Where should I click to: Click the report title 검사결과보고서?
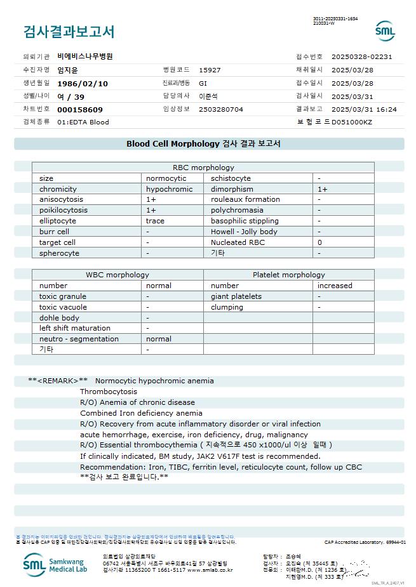pyautogui.click(x=69, y=31)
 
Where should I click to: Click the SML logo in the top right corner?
pyautogui.click(x=385, y=31)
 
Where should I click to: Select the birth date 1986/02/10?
pyautogui.click(x=83, y=83)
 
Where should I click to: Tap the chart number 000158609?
pyautogui.click(x=80, y=109)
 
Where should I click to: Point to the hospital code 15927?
pyautogui.click(x=210, y=70)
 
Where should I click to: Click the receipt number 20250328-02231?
pyautogui.click(x=366, y=56)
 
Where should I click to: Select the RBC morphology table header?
pyautogui.click(x=203, y=168)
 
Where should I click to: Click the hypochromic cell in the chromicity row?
pyautogui.click(x=169, y=189)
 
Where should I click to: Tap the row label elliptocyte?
pyautogui.click(x=57, y=221)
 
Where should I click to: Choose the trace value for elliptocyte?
pyautogui.click(x=155, y=221)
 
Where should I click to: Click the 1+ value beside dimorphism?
pyautogui.click(x=323, y=189)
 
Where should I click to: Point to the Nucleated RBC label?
pyautogui.click(x=238, y=242)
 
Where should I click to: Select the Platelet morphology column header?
pyautogui.click(x=288, y=275)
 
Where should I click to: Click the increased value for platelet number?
pyautogui.click(x=335, y=286)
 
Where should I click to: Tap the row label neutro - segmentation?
pyautogui.click(x=79, y=339)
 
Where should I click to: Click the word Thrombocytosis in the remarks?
pyautogui.click(x=109, y=392)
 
